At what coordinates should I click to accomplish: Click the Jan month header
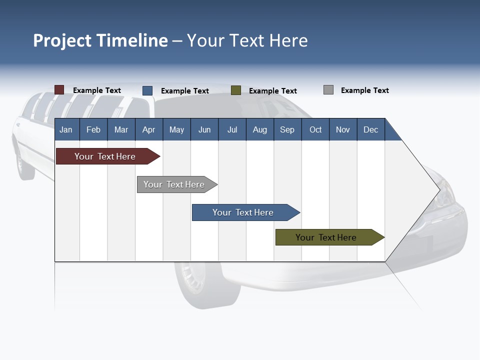[66, 129]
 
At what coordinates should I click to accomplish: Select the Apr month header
[148, 129]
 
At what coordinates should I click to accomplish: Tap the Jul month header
[232, 129]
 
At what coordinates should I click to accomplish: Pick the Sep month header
[287, 129]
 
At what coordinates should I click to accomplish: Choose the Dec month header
[370, 129]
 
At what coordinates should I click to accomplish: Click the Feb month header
[93, 129]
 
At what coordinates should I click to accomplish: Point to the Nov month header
[342, 129]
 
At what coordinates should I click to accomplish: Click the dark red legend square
[59, 90]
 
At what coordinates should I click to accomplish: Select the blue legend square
[147, 90]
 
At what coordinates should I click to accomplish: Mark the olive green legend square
[236, 90]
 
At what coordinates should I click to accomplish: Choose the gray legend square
[328, 90]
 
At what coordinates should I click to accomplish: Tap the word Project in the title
[62, 40]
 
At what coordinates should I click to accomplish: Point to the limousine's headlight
[445, 195]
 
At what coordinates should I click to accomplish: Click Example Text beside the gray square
[364, 90]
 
